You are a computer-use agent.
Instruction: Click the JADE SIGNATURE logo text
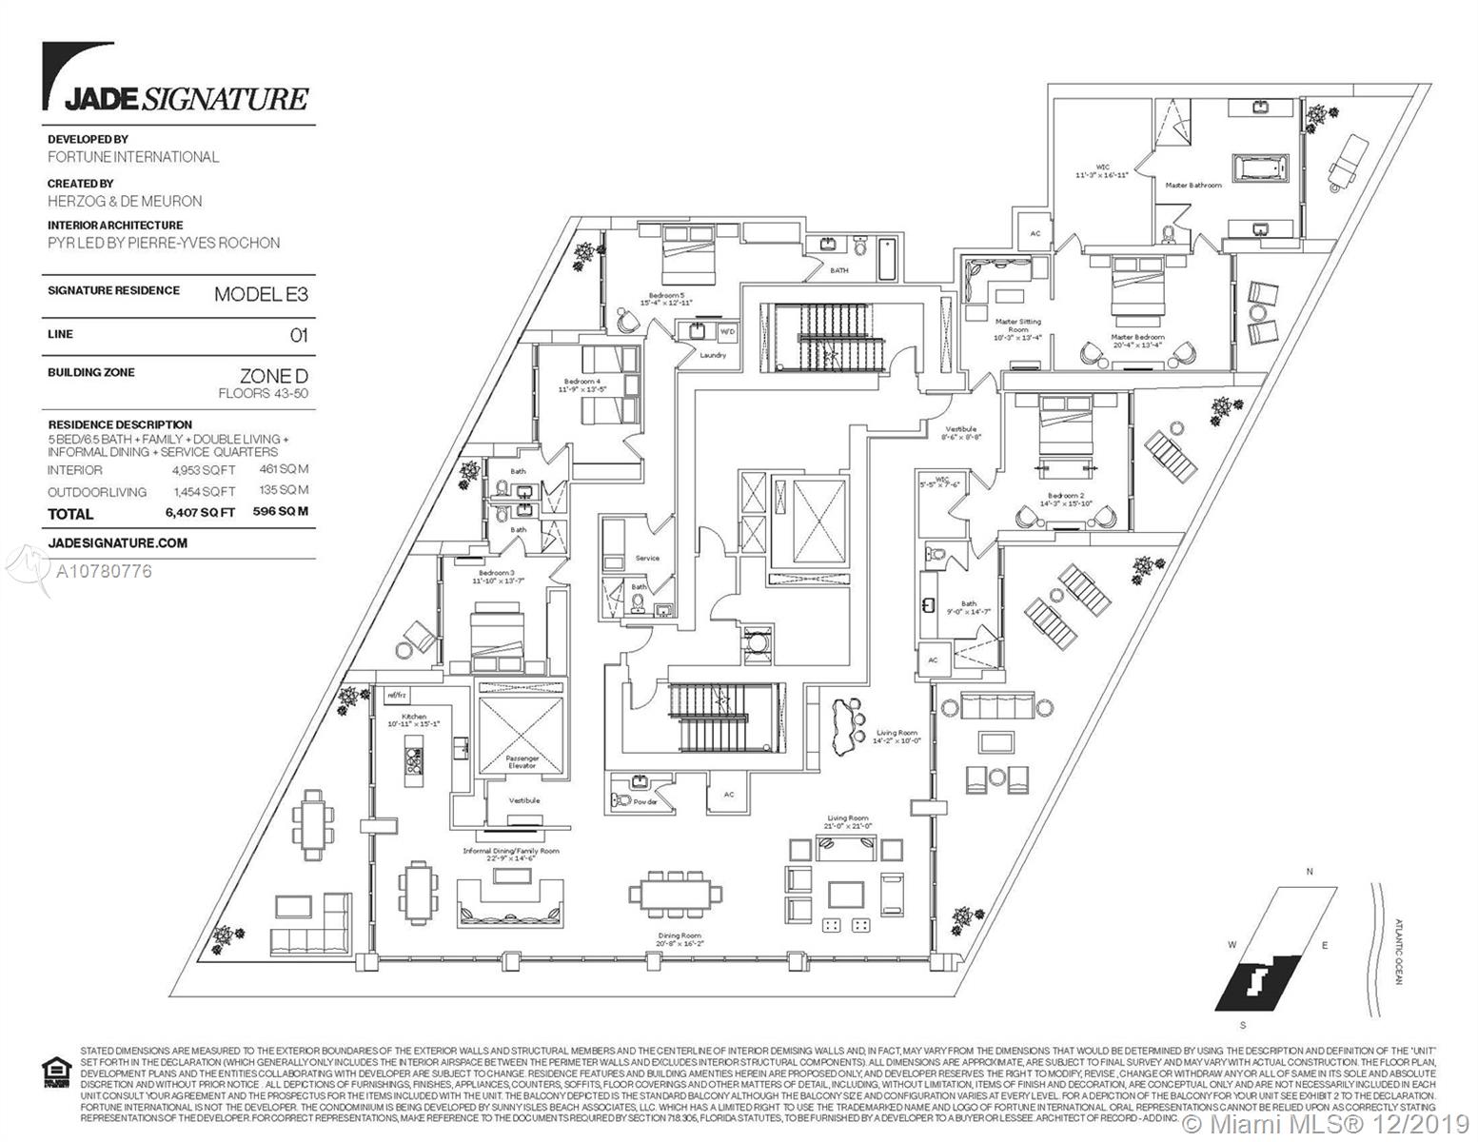pos(186,98)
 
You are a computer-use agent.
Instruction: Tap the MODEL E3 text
pos(261,294)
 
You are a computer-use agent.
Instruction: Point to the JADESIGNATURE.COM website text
pos(117,542)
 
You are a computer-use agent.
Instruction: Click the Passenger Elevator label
pos(522,761)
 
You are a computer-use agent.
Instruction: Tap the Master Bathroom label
pos(1193,185)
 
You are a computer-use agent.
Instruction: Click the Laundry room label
pos(713,355)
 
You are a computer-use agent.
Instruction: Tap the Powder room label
pos(645,802)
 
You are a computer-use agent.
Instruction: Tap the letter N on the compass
pos(1310,872)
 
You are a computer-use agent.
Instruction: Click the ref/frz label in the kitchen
pos(396,696)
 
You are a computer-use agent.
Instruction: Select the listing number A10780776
pos(104,572)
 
